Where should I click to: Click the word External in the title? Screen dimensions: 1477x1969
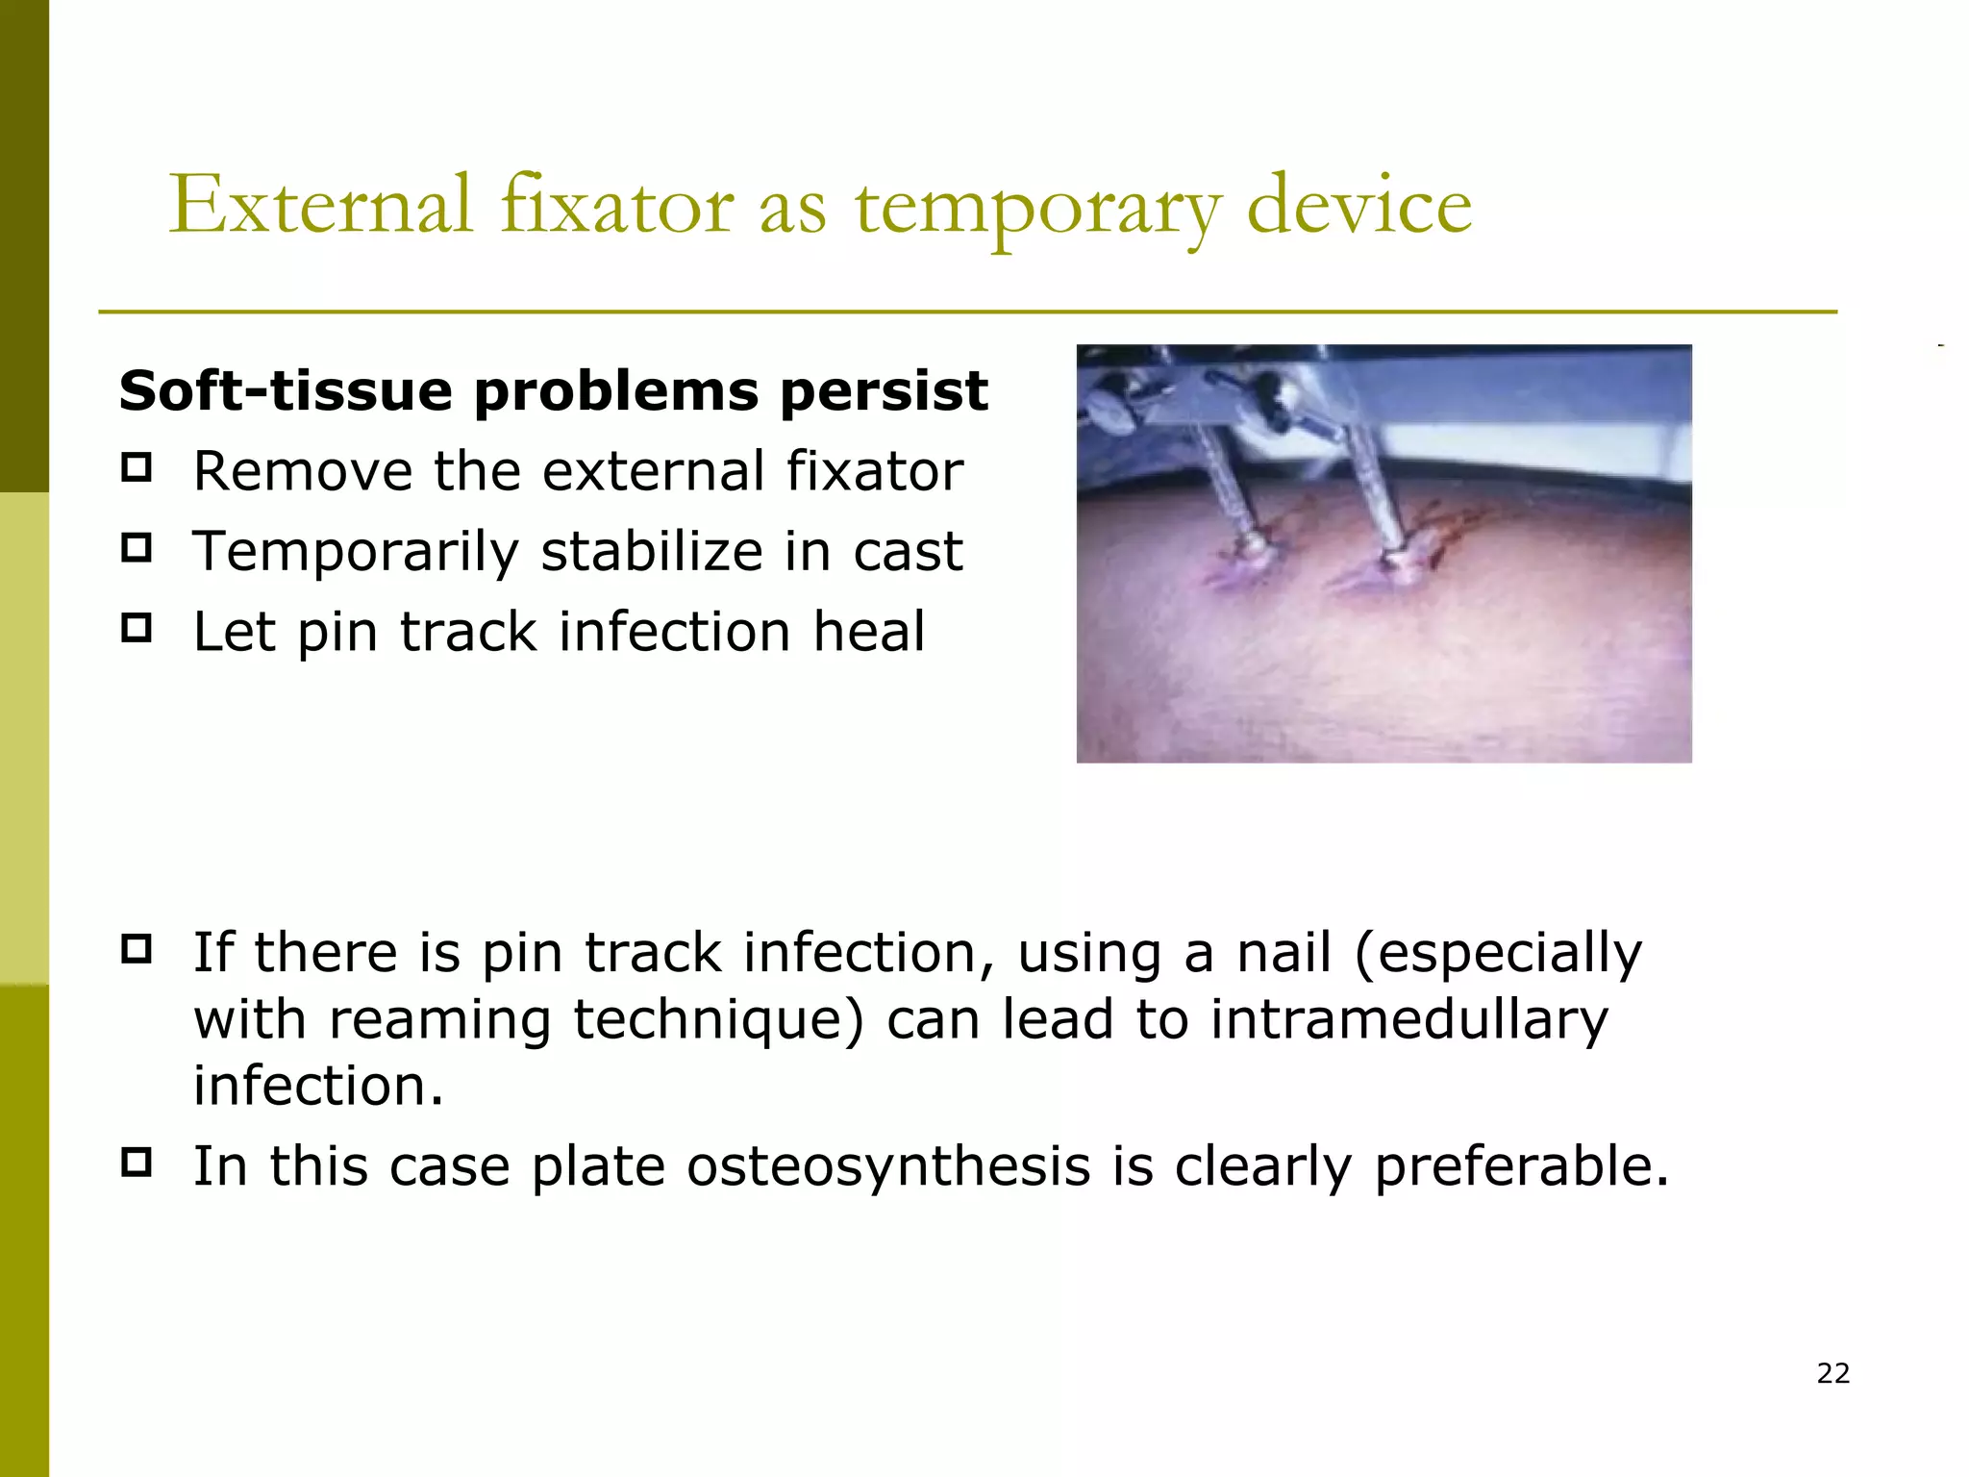click(321, 205)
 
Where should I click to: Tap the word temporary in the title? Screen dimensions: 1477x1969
click(1038, 207)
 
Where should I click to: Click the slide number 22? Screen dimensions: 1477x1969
click(1832, 1373)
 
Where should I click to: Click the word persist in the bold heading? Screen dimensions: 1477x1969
click(884, 390)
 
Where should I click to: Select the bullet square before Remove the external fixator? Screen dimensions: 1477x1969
click(137, 468)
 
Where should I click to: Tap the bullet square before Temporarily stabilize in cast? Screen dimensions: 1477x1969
click(137, 548)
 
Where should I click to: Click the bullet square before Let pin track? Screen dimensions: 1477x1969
click(137, 629)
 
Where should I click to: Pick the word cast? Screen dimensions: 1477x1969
click(908, 552)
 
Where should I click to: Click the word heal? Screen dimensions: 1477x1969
click(869, 632)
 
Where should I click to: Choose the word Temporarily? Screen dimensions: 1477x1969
click(356, 552)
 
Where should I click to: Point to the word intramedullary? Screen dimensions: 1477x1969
click(1408, 1019)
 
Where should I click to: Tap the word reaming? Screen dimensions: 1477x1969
click(439, 1021)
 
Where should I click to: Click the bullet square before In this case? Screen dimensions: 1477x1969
click(137, 1163)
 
